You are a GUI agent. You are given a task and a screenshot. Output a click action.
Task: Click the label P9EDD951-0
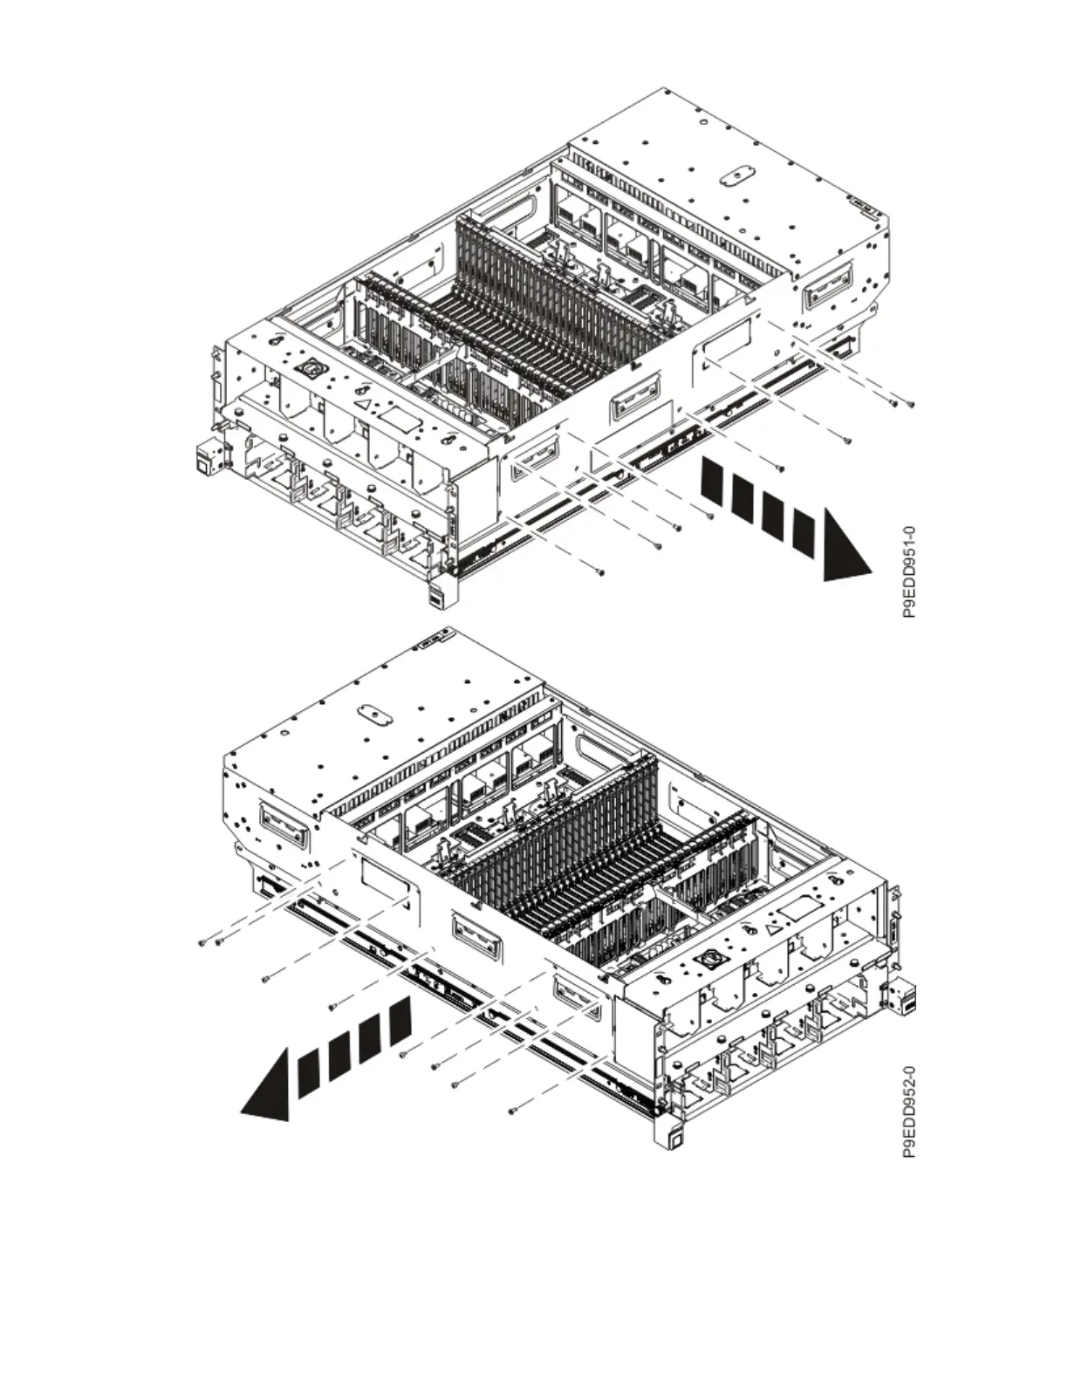tap(908, 571)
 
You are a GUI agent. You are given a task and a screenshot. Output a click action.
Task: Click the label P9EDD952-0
tap(908, 1112)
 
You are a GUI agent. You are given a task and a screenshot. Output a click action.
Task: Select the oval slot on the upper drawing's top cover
tap(734, 174)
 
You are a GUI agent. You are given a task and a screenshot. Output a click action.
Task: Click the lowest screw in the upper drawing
tap(599, 572)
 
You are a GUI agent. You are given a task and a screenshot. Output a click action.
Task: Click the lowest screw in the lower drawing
tap(512, 1112)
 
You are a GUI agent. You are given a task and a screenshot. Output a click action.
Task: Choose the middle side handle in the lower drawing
tap(473, 930)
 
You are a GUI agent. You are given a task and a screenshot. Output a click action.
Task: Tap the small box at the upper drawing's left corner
tap(209, 457)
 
